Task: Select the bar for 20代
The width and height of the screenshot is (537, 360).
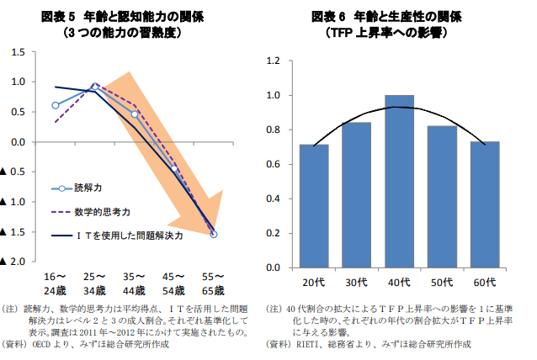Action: pos(314,205)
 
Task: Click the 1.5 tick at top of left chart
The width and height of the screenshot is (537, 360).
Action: pos(16,52)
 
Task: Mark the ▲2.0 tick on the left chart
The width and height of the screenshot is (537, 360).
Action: pos(13,262)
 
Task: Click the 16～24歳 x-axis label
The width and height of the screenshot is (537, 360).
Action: pos(56,283)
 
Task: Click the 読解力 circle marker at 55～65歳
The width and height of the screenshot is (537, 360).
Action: pos(214,234)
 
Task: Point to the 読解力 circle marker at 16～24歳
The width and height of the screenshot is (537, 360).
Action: pos(56,106)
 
